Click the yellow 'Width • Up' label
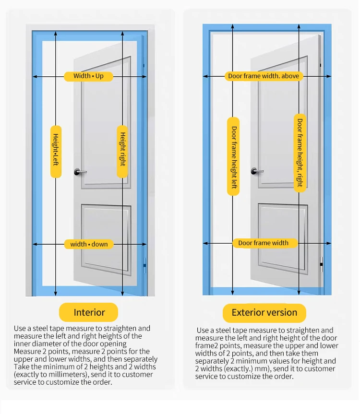click(88, 76)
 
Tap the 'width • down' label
click(89, 244)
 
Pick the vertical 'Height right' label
click(122, 149)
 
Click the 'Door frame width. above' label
click(263, 76)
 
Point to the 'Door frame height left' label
click(234, 156)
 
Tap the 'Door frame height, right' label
click(300, 153)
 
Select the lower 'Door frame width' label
click(263, 243)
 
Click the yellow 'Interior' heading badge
click(89, 313)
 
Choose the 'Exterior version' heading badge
click(264, 313)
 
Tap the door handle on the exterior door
click(256, 171)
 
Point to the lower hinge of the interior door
click(145, 263)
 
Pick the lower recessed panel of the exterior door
click(282, 235)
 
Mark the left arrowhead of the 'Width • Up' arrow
click(35, 76)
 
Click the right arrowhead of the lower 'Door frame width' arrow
click(329, 243)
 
